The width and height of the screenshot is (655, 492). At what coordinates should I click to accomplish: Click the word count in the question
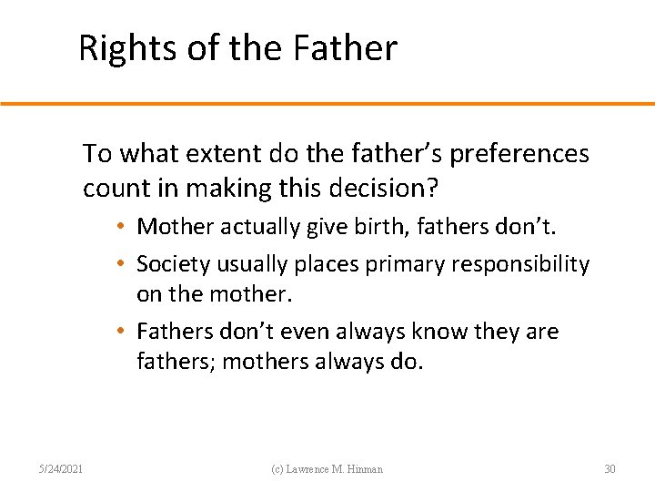[114, 189]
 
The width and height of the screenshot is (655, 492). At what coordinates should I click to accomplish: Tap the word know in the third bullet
[436, 332]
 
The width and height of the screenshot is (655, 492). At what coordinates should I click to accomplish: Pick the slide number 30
[610, 469]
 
